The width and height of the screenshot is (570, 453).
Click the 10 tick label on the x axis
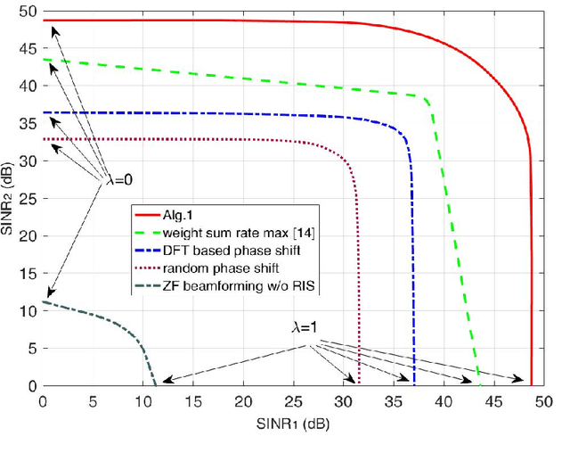[142, 401]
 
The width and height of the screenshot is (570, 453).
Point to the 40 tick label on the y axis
[30, 86]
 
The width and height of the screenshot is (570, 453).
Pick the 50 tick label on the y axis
[30, 11]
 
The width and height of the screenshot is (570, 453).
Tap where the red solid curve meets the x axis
[531, 385]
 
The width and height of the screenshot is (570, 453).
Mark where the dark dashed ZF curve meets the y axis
[43, 302]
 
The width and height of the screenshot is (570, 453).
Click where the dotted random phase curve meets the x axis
[359, 385]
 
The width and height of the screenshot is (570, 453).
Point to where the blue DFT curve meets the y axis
[43, 112]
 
